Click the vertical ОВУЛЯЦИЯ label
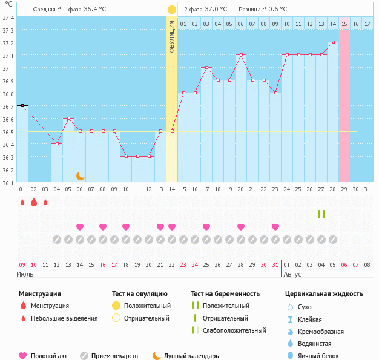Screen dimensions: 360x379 point(172,36)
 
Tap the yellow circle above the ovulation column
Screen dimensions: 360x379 point(172,10)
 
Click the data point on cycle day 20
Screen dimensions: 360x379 point(241,54)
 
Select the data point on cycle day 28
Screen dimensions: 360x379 point(333,42)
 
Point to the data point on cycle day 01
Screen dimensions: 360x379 point(22,105)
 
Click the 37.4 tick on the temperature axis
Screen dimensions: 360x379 point(8,18)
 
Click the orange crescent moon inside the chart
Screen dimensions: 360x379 point(80,175)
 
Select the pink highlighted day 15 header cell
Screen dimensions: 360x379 point(344,24)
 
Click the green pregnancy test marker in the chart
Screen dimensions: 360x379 point(321,214)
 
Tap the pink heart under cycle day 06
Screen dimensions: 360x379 point(80,227)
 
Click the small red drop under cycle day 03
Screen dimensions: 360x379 point(45,202)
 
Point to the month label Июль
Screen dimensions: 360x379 point(25,274)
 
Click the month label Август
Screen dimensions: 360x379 point(294,274)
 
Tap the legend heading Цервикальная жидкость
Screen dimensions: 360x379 point(324,293)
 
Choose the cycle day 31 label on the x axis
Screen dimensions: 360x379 point(367,189)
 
